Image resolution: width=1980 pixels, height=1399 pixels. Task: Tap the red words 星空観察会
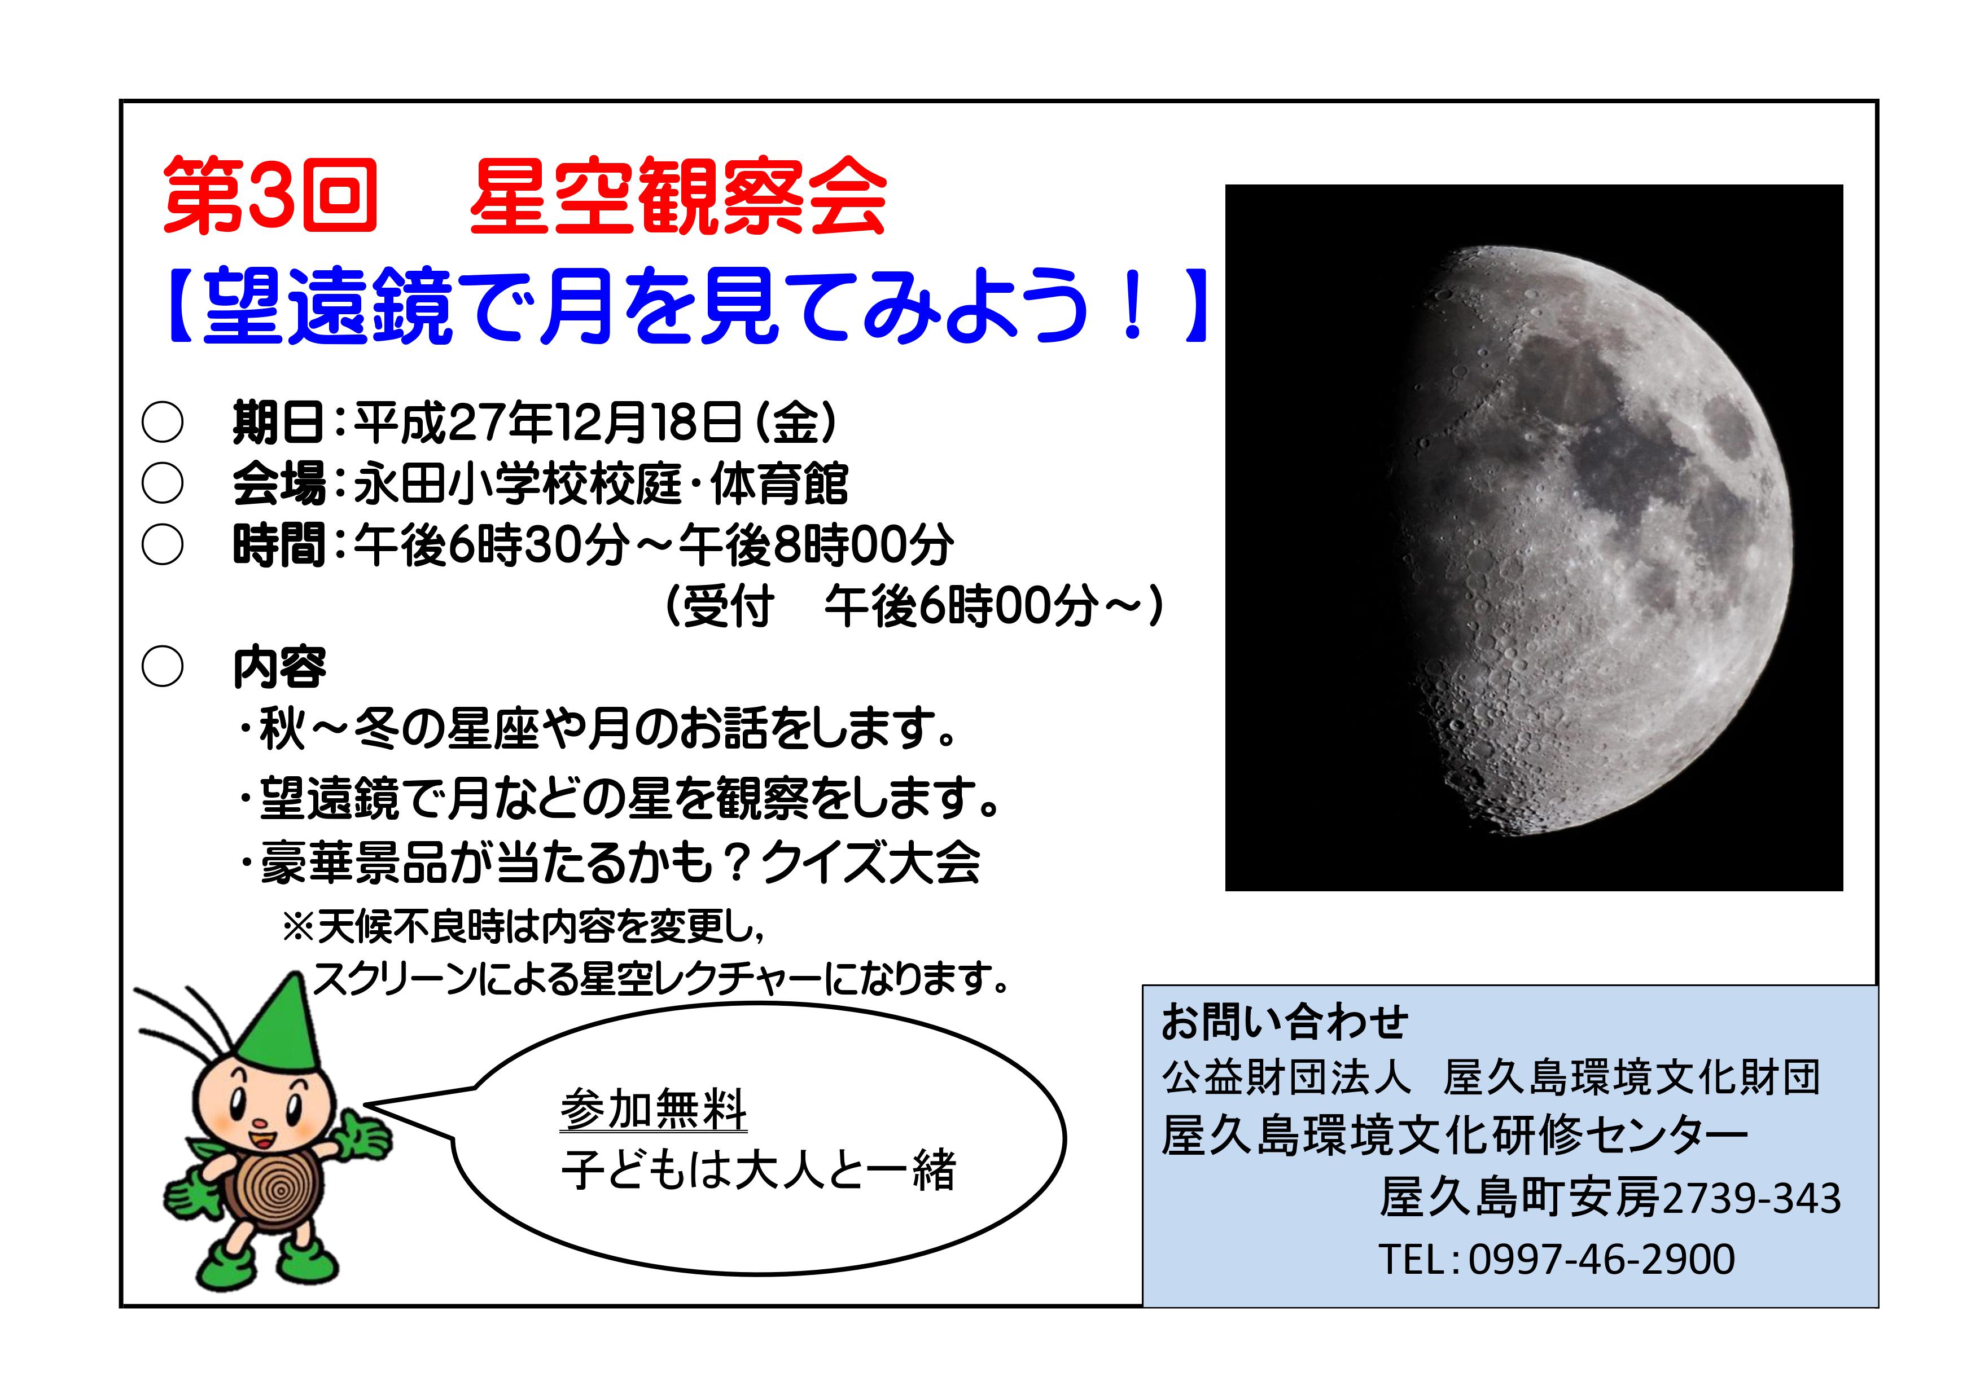[x=678, y=196]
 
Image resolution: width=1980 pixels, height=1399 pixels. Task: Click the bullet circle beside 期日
[x=162, y=423]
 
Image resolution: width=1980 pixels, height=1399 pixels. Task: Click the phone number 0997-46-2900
[x=1601, y=1259]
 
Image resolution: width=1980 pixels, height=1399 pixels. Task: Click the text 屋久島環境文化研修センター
[x=1455, y=1136]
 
